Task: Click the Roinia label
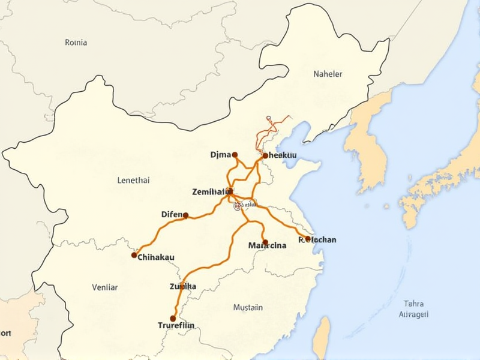click(x=76, y=43)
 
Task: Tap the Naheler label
click(x=328, y=74)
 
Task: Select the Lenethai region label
click(x=134, y=179)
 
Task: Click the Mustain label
click(x=248, y=308)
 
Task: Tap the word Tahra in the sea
click(x=414, y=303)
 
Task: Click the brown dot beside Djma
click(x=235, y=154)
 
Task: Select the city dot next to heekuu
click(x=265, y=155)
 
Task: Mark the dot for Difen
click(x=185, y=215)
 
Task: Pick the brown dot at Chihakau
click(x=134, y=255)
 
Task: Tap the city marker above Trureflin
click(x=173, y=319)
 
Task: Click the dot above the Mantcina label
click(x=265, y=242)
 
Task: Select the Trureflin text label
click(x=180, y=326)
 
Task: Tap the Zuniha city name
click(x=183, y=287)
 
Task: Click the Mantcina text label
click(x=268, y=246)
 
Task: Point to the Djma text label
click(x=220, y=155)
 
